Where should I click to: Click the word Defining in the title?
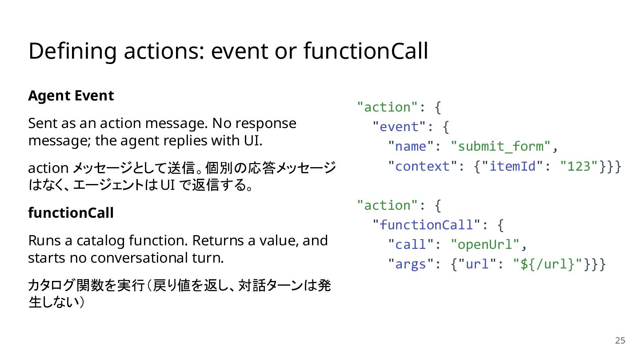click(72, 52)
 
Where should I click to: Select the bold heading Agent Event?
click(71, 96)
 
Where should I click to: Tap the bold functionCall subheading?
click(71, 213)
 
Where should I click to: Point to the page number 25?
click(620, 340)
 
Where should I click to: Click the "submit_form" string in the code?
click(500, 146)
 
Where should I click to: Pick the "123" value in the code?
click(579, 166)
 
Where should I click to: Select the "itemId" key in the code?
click(512, 166)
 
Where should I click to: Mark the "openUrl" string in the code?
click(485, 244)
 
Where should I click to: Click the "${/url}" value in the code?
click(547, 264)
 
